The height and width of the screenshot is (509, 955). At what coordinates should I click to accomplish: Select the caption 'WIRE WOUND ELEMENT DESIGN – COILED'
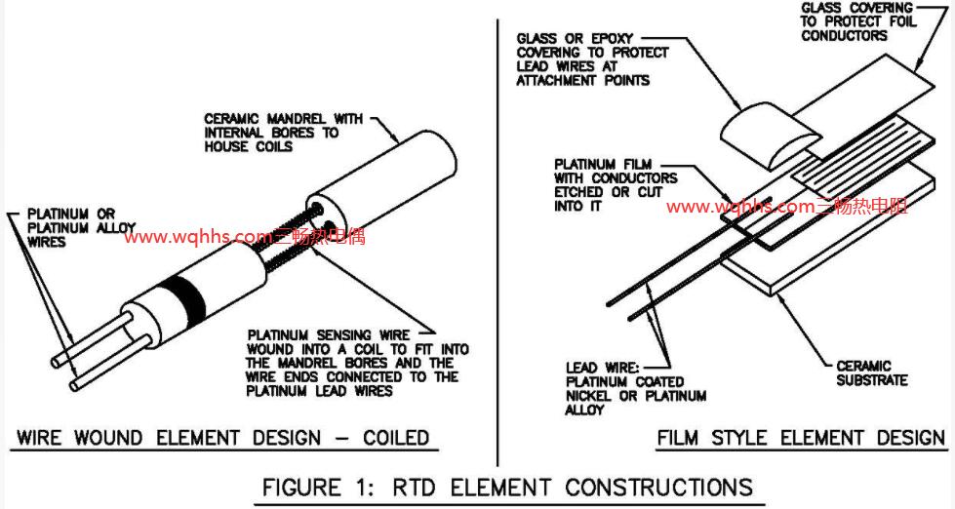pyautogui.click(x=222, y=437)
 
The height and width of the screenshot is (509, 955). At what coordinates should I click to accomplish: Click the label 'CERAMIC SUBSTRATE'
pyautogui.click(x=871, y=372)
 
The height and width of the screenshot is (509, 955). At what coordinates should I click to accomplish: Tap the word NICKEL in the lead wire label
pyautogui.click(x=591, y=396)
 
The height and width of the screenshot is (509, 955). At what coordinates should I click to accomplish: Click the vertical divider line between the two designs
pyautogui.click(x=498, y=244)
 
